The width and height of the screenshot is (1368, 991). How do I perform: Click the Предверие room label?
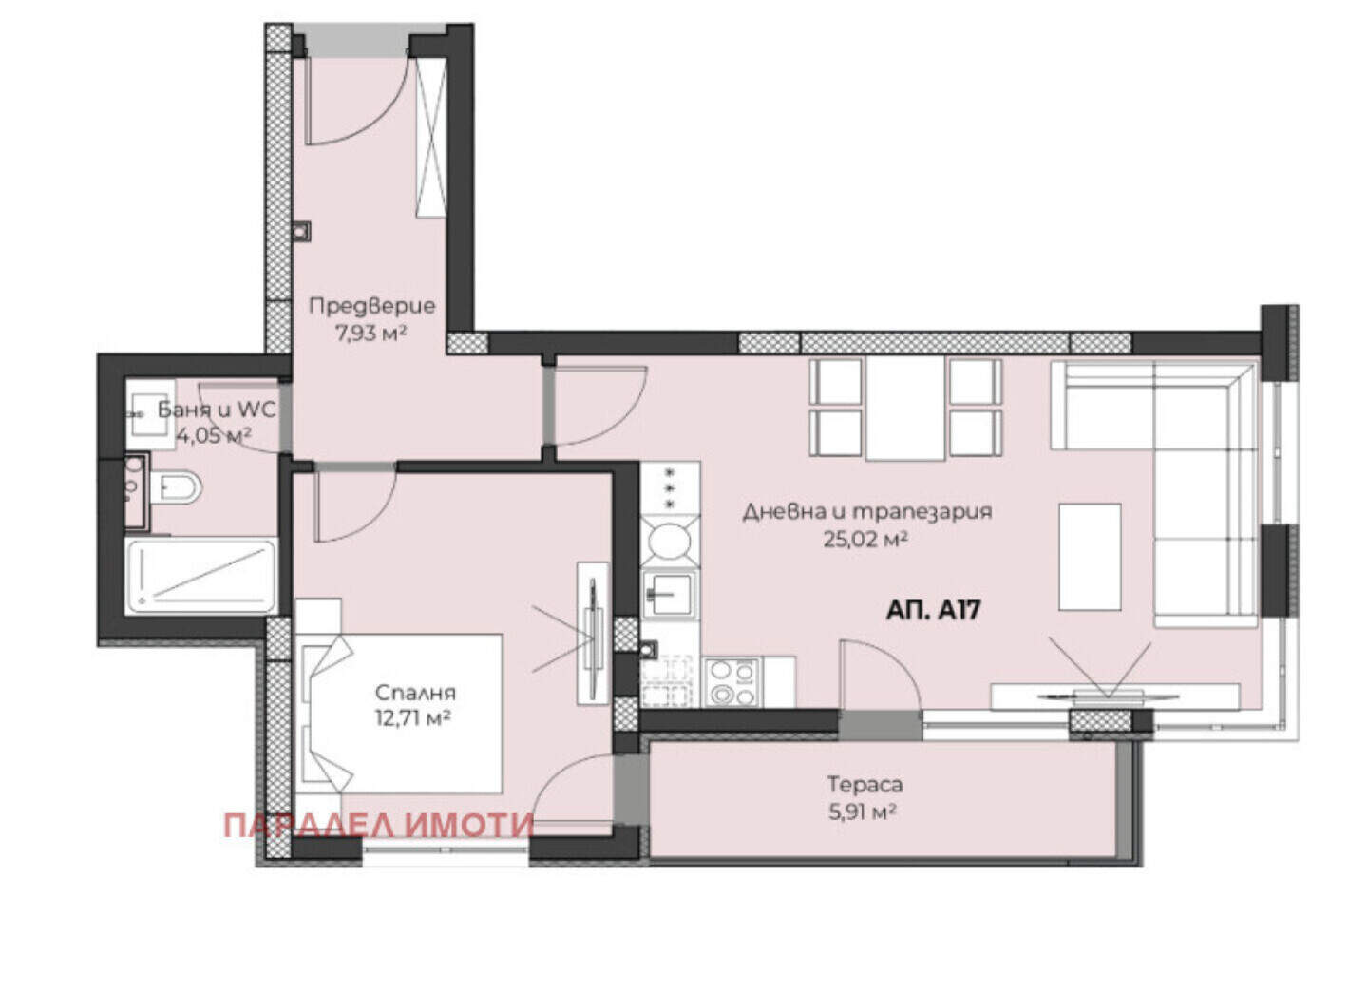click(x=372, y=306)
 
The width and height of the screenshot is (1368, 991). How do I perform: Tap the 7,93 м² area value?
click(x=370, y=334)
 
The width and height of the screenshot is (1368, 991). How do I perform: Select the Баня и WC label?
click(x=217, y=410)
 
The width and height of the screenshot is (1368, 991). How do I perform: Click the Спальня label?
click(x=415, y=693)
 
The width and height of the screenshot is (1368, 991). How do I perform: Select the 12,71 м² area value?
click(x=413, y=718)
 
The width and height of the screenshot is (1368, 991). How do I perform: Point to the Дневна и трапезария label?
click(x=867, y=512)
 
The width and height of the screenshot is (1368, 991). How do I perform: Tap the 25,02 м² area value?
click(x=864, y=540)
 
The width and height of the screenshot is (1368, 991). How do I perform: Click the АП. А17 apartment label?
click(x=933, y=610)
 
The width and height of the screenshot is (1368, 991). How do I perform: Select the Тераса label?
click(x=864, y=785)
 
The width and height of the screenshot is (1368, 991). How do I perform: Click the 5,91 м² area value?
click(x=863, y=812)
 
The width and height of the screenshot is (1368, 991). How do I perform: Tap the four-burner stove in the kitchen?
click(x=732, y=682)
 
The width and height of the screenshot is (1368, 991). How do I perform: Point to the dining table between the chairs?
click(x=905, y=409)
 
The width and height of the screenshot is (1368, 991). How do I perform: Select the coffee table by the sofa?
click(x=1091, y=557)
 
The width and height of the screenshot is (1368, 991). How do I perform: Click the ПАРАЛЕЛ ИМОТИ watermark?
click(x=379, y=827)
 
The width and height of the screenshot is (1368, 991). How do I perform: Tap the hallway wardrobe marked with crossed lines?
click(x=431, y=137)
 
